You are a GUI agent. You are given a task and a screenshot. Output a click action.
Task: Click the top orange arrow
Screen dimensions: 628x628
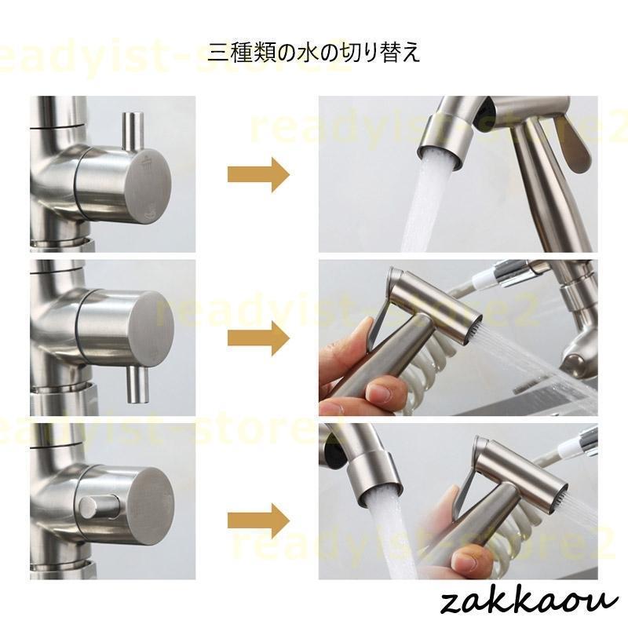click(x=258, y=175)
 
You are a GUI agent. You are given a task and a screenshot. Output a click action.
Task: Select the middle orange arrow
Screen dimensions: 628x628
click(x=258, y=338)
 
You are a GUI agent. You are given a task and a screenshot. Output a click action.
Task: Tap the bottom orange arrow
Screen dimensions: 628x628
click(x=258, y=521)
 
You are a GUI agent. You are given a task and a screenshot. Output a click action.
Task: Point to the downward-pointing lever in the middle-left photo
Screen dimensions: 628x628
click(x=137, y=385)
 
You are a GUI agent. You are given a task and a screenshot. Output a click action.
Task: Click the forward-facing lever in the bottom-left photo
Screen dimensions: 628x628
click(x=97, y=508)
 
